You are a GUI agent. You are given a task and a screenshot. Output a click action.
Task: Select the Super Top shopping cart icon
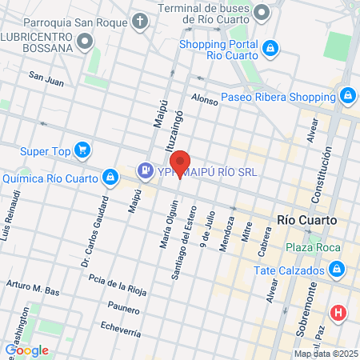pos(81,150)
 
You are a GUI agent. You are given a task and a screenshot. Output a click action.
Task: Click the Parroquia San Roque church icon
pos(140,20)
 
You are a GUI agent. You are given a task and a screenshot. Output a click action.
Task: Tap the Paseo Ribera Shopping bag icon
pos(347,97)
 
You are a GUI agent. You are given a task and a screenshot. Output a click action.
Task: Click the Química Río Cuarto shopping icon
pos(110,177)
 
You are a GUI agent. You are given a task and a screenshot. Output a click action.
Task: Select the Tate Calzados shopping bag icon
pos(336,269)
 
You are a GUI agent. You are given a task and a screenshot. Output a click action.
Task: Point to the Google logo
pos(26,350)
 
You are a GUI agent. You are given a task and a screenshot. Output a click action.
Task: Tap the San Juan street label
pos(46,78)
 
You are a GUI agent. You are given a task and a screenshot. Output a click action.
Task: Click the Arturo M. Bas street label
pos(33,288)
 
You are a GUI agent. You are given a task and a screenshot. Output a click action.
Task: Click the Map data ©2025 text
pos(325,354)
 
